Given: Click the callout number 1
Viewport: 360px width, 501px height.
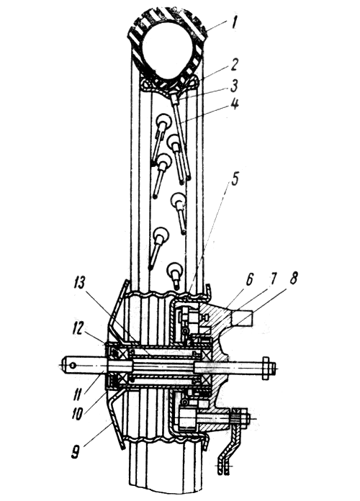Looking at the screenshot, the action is click(234, 23).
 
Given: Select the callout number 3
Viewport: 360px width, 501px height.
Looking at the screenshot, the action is click(234, 86).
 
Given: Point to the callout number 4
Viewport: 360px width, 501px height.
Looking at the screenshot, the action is click(235, 104).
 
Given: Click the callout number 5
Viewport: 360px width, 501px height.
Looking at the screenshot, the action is click(234, 180).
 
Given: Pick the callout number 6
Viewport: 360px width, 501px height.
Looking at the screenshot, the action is click(249, 279).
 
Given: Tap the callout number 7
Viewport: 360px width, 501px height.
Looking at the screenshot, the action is click(271, 279).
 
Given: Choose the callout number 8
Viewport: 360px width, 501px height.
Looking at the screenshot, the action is click(293, 279).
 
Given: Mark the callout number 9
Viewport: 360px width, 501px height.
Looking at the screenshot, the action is click(76, 452).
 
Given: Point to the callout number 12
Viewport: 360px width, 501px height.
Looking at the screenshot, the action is click(79, 327).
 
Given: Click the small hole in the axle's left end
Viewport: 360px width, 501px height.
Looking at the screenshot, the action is click(73, 365).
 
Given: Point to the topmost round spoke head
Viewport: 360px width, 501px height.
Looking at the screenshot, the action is click(163, 121).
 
